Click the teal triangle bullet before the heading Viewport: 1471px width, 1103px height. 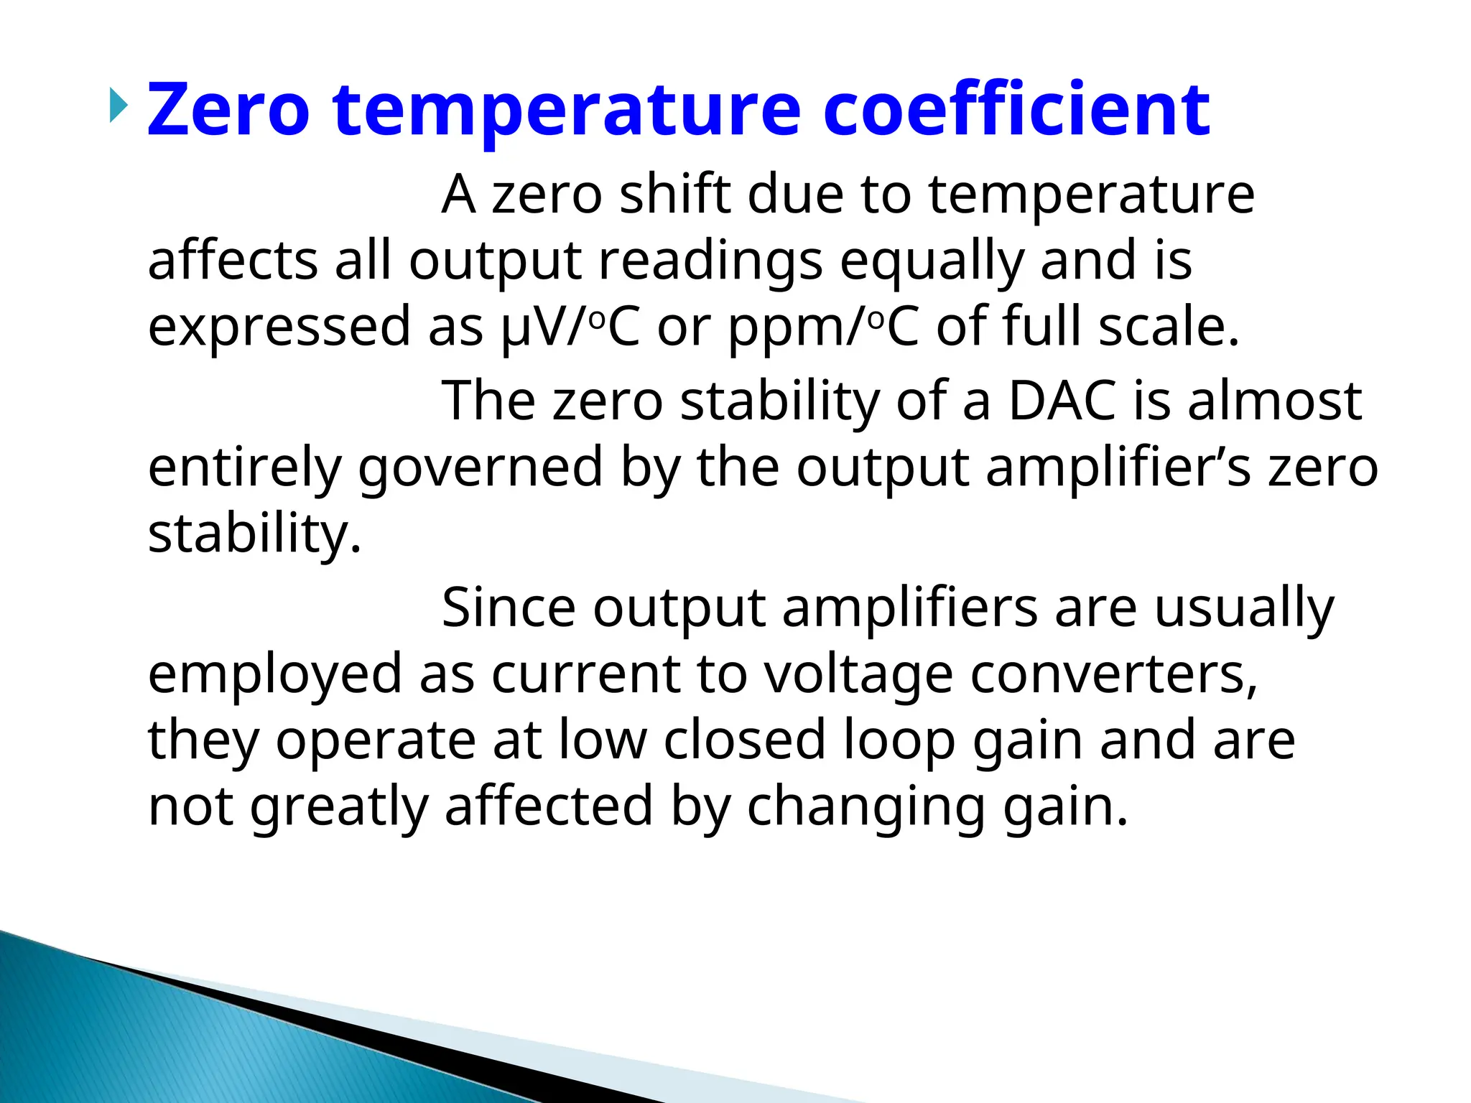(119, 106)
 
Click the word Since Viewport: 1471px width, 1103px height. (509, 608)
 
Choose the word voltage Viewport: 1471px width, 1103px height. (858, 674)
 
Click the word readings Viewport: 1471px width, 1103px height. (710, 261)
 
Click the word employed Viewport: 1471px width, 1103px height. (275, 675)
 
